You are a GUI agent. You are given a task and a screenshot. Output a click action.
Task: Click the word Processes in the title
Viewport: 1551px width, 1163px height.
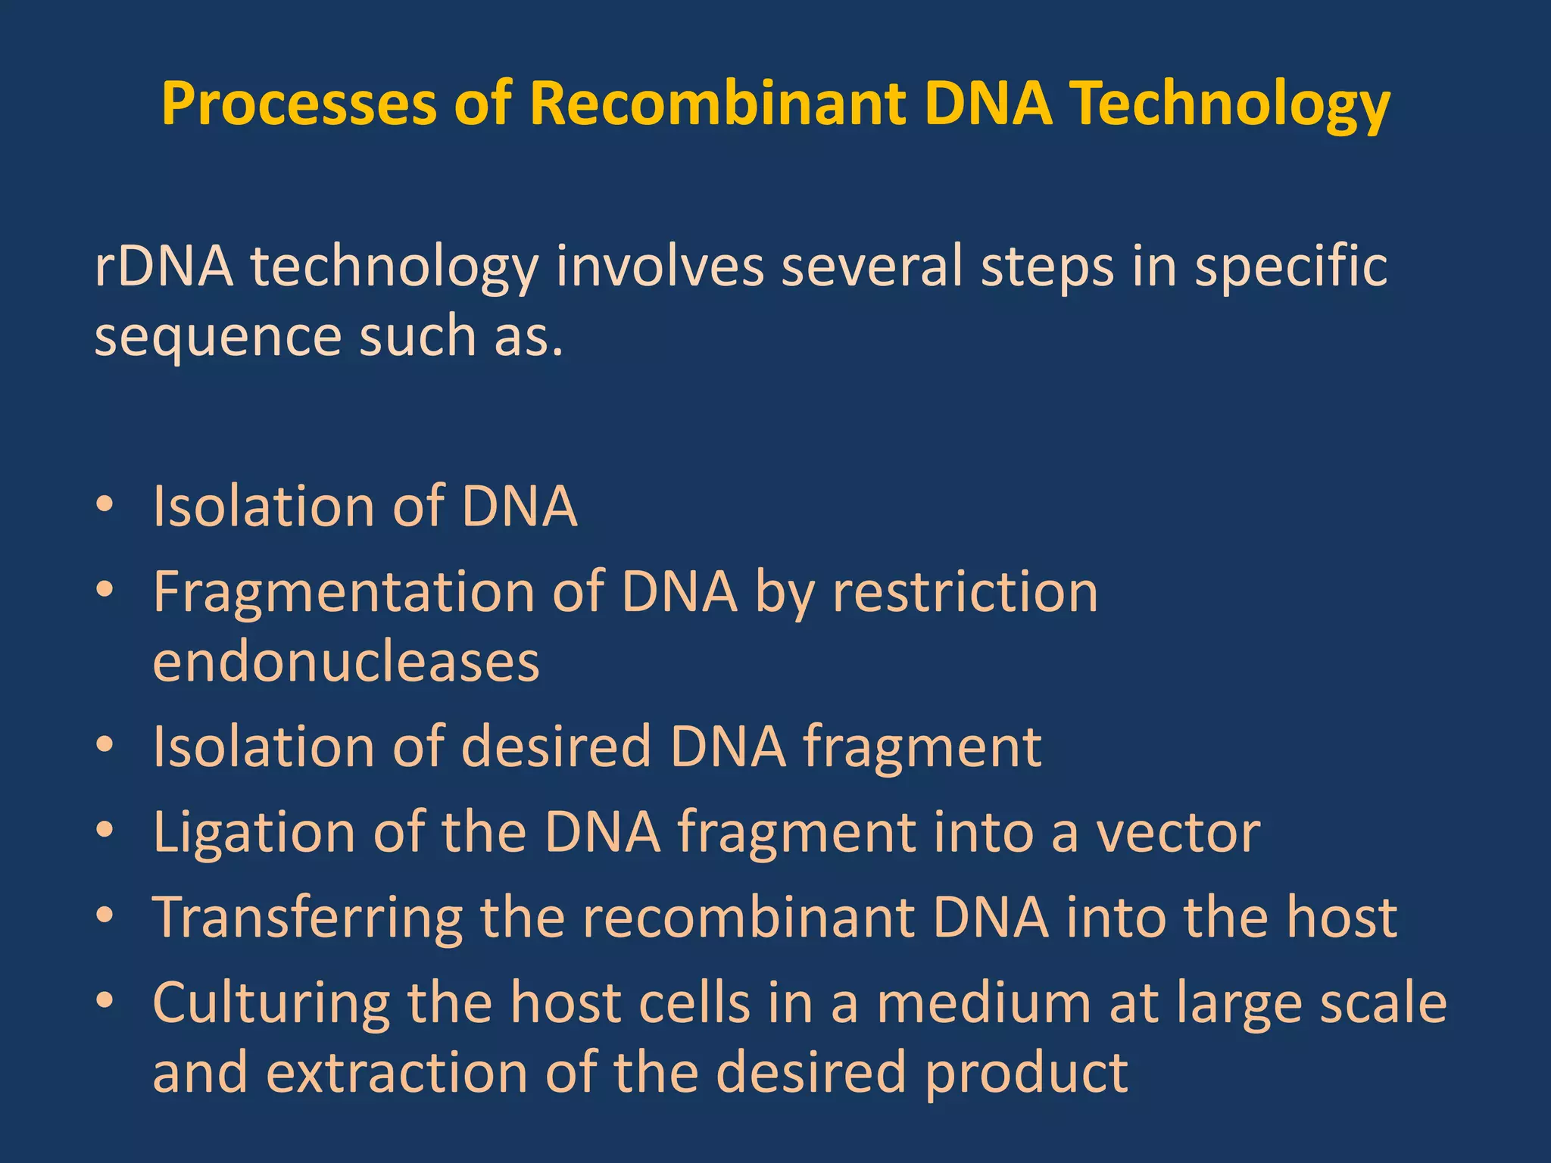299,104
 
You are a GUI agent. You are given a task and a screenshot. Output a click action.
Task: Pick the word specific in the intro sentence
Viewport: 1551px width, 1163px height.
1290,267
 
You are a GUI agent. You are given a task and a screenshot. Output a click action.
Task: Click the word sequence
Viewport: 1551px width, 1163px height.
218,336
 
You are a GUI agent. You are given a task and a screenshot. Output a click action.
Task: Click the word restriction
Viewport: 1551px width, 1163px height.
966,591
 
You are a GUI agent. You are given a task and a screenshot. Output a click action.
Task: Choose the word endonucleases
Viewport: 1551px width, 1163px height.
346,661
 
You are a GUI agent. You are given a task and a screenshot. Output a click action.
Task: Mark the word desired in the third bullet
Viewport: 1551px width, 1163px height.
556,747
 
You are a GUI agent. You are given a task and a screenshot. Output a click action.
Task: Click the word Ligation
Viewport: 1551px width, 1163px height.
254,832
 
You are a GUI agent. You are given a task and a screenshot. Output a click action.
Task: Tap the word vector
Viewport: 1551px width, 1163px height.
1178,832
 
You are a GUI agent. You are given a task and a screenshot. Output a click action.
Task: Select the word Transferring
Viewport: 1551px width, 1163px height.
307,918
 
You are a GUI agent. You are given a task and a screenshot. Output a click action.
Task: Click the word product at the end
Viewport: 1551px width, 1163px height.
1026,1073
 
